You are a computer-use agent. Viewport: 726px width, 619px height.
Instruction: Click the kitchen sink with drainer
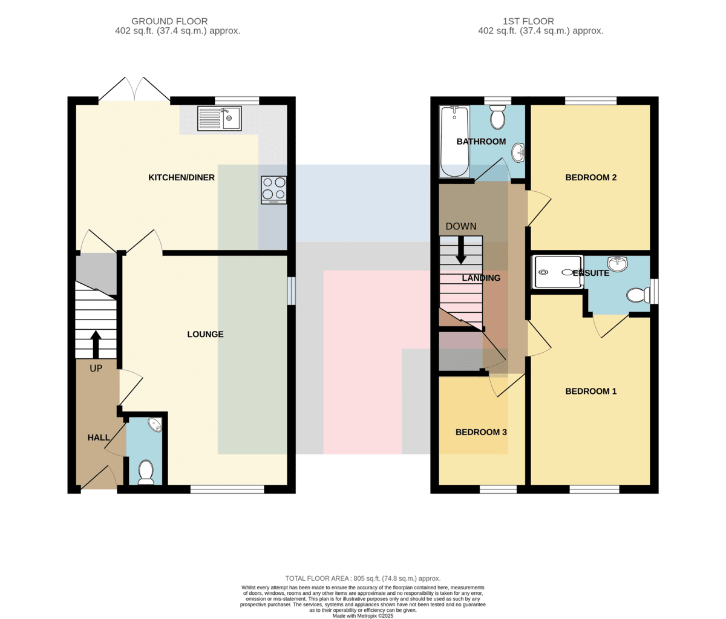pos(219,119)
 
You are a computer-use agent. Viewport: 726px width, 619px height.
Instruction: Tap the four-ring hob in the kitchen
pos(273,190)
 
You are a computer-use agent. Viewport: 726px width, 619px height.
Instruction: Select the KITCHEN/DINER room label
pos(181,177)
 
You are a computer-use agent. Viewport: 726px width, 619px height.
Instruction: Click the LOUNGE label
pos(205,334)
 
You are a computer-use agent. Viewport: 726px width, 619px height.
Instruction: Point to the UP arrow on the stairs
pos(96,344)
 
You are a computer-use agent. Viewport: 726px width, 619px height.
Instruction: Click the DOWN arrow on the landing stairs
pos(461,250)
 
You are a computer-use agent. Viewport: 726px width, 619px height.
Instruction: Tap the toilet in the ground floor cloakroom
pos(146,473)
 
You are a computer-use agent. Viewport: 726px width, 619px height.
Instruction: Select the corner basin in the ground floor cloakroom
pos(155,424)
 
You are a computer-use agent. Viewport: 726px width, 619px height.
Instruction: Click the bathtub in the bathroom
pos(454,141)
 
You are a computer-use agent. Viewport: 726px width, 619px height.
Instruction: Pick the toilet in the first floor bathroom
pos(498,117)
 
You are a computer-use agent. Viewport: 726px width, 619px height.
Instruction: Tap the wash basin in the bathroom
pos(518,153)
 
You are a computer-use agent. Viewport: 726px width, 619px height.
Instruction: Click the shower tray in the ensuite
pos(557,272)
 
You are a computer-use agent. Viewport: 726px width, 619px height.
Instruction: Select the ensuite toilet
pos(638,295)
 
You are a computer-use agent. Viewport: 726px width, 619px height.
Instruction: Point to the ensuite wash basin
pos(618,264)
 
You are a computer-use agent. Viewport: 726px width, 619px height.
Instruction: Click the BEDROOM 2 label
pos(590,177)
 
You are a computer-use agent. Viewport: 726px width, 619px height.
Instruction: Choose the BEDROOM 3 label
pos(481,432)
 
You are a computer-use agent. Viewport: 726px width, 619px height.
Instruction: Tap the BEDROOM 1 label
pos(590,391)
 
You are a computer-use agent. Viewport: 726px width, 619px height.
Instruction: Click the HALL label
pos(99,437)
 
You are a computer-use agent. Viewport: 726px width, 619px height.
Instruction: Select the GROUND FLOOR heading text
pos(169,21)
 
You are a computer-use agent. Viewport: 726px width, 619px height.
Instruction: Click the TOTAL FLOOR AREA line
pos(362,578)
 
